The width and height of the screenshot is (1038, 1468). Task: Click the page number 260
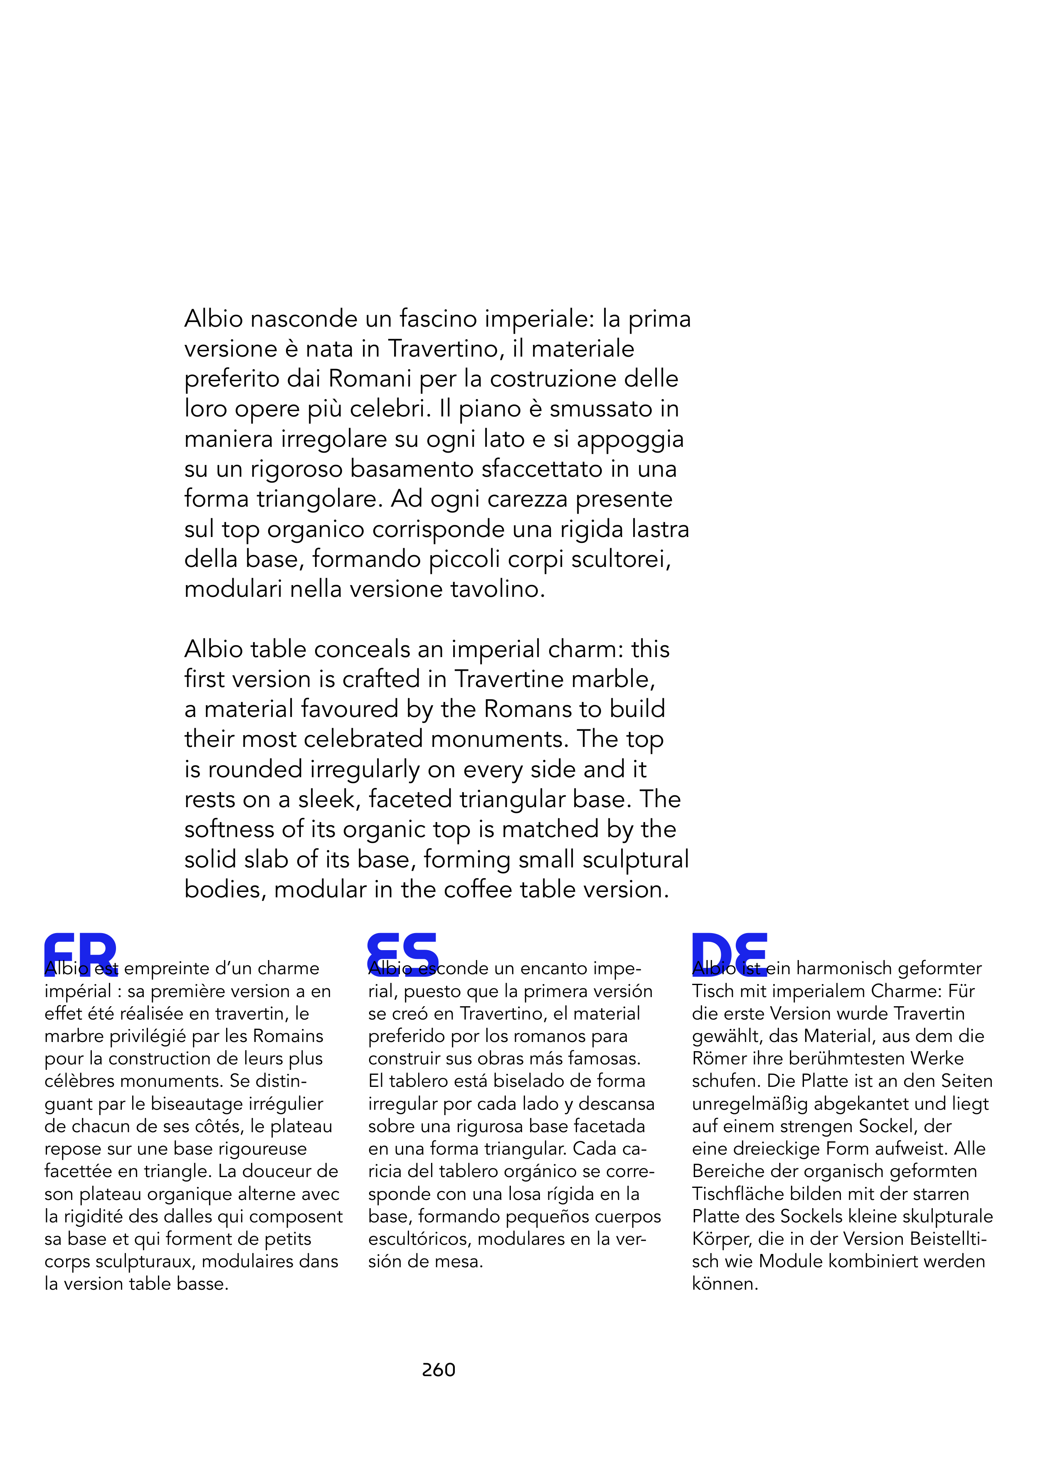(439, 1369)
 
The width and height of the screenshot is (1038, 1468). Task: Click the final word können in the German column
(724, 1284)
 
